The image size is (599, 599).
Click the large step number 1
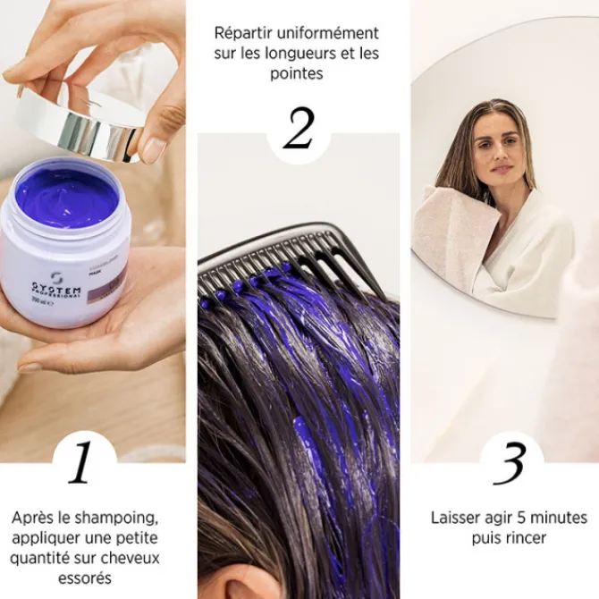[x=81, y=463]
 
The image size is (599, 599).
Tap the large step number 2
[x=299, y=129]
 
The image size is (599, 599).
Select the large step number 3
[x=510, y=464]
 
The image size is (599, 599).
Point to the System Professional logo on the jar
[x=54, y=287]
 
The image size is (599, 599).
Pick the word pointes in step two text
[x=296, y=73]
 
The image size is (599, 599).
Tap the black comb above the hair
[x=295, y=250]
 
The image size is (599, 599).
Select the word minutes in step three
[x=555, y=518]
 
